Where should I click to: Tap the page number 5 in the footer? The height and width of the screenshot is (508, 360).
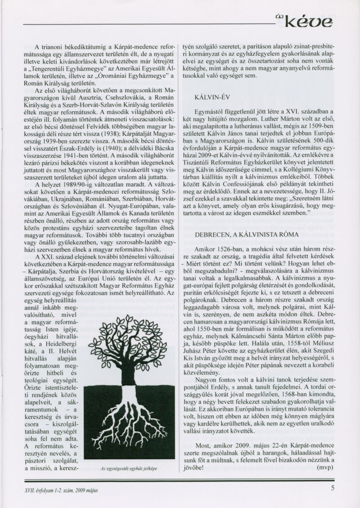click(333, 487)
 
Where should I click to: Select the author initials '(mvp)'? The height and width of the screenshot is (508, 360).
click(325, 468)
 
